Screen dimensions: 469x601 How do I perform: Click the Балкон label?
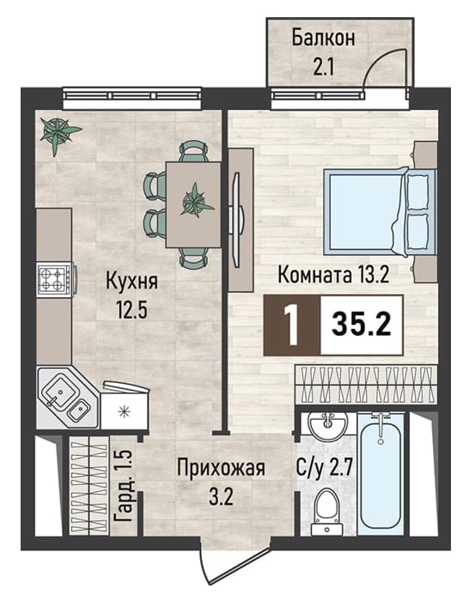(323, 39)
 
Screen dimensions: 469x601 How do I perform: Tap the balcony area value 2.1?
(324, 67)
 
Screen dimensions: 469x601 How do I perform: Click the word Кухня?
(131, 282)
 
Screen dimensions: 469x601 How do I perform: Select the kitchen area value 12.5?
(132, 310)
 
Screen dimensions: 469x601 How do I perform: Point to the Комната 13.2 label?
(333, 275)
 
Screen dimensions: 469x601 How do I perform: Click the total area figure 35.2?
(361, 325)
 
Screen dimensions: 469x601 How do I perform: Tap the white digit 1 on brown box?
(293, 325)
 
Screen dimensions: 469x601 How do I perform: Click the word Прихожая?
(221, 469)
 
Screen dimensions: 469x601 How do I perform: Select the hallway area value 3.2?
(221, 497)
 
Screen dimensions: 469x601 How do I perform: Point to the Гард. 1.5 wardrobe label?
(124, 486)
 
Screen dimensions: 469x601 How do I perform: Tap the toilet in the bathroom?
(326, 512)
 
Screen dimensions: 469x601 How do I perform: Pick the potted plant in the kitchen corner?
(58, 134)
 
